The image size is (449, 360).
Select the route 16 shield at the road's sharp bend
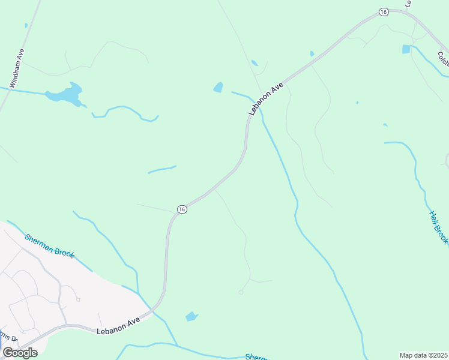[x=182, y=209]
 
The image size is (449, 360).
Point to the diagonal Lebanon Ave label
[x=267, y=99]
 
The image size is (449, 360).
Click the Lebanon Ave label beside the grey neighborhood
[x=118, y=325]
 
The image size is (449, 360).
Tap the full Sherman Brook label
[x=49, y=245]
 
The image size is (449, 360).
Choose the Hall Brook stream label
[x=438, y=227]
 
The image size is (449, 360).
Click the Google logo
[x=20, y=352]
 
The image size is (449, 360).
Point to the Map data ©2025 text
[x=423, y=355]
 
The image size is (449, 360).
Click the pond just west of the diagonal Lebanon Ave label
[x=218, y=88]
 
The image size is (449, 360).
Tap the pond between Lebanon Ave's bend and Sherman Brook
[x=191, y=316]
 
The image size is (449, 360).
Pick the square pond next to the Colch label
[x=406, y=49]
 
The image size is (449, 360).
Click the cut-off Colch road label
[x=443, y=59]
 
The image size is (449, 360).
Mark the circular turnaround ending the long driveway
[x=241, y=292]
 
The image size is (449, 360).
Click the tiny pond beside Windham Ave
[x=26, y=25]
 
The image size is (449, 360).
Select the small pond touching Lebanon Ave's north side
[x=312, y=53]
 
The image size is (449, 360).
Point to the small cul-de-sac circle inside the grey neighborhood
[x=78, y=299]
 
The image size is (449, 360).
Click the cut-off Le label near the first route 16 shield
[x=408, y=3]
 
